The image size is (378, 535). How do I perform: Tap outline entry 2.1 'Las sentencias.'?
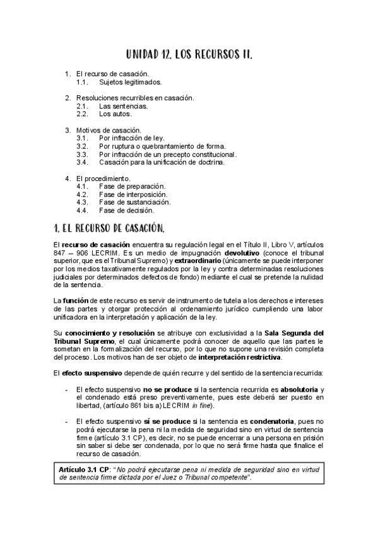coord(124,106)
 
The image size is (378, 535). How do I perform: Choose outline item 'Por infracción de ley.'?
coord(131,138)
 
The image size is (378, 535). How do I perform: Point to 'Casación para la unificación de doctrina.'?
coord(162,162)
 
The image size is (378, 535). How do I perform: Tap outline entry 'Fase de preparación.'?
coord(132,187)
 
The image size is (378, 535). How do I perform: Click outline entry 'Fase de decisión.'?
coord(126,211)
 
